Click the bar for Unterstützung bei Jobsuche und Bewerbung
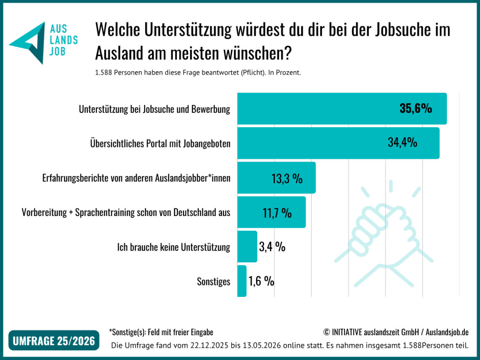coord(342,109)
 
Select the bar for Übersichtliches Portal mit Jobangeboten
coord(338,143)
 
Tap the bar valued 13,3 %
coord(277,178)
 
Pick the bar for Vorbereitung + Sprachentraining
coord(272,212)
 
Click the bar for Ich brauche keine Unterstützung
coord(247,246)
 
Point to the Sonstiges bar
coord(242,281)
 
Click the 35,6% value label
coord(416,108)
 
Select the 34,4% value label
coord(403,142)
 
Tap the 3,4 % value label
coord(272,246)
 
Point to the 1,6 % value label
coord(261,281)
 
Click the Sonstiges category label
coord(213,281)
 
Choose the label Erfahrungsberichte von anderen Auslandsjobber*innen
coord(136,178)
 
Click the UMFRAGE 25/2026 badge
coord(54,340)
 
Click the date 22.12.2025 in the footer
coord(209,345)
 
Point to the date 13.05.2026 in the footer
coord(262,345)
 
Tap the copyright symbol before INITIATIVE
coord(327,332)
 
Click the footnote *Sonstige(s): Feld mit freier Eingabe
coord(161,332)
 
